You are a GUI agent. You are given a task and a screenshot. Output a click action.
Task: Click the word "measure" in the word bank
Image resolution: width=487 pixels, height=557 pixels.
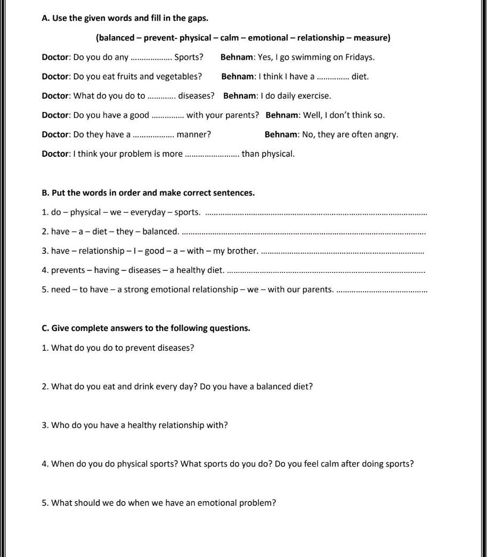click(371, 38)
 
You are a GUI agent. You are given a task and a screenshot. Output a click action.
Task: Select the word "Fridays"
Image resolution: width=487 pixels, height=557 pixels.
click(360, 57)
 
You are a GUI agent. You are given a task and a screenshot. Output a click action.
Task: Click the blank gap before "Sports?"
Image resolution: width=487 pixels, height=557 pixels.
click(151, 58)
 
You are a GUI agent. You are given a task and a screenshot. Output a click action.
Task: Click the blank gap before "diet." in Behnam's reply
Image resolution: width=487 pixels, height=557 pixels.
click(333, 77)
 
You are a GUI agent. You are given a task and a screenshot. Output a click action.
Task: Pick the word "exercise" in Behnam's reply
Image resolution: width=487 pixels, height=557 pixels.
click(314, 96)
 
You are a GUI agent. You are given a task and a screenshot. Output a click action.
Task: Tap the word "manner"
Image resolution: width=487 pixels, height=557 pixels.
click(193, 134)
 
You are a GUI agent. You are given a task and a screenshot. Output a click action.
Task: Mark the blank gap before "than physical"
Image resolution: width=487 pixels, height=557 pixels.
click(212, 154)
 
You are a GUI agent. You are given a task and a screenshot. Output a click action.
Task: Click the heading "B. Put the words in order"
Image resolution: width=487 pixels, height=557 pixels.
click(148, 193)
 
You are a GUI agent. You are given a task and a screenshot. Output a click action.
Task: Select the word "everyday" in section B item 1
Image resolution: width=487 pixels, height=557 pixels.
click(148, 213)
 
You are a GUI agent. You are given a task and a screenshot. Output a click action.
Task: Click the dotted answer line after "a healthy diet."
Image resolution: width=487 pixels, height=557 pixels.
click(326, 271)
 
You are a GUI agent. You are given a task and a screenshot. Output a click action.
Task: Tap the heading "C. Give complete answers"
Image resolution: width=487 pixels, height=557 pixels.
click(145, 328)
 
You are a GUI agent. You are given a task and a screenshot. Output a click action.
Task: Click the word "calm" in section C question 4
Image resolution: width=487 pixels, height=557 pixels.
click(328, 464)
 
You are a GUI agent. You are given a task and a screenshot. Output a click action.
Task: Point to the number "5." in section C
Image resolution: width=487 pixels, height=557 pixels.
click(45, 503)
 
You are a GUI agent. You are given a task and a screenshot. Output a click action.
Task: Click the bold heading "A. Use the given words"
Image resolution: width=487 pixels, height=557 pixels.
click(125, 18)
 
